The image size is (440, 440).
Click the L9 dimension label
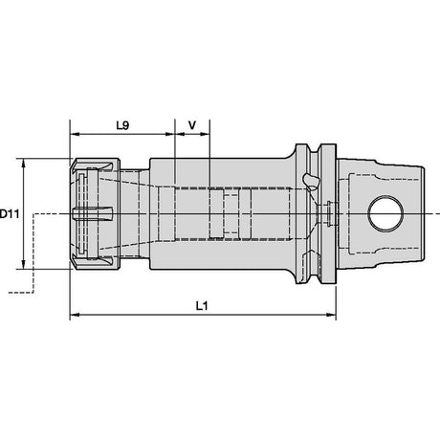(122, 125)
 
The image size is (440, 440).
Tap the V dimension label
(192, 125)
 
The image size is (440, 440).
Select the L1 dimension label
(202, 306)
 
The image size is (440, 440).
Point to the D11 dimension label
(10, 213)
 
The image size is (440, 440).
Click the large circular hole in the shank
(385, 213)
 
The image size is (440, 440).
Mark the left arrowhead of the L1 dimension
(75, 315)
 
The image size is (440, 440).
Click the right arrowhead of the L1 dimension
(332, 315)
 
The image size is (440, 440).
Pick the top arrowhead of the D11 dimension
(23, 163)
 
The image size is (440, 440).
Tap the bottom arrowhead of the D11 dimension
(23, 264)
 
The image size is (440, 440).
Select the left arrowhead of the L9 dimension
(75, 134)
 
